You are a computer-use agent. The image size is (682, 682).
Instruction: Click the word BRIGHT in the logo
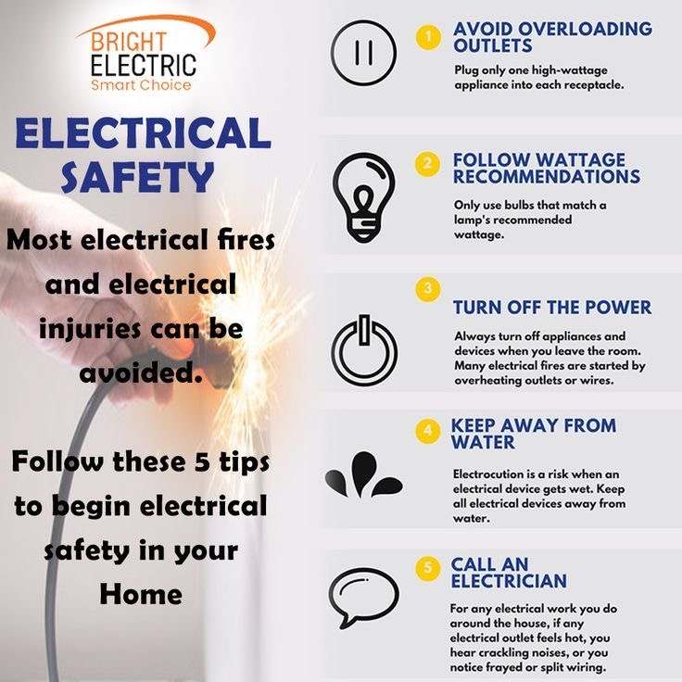click(129, 43)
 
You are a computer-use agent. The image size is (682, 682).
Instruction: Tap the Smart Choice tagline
click(141, 84)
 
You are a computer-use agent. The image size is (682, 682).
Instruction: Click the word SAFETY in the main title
click(137, 177)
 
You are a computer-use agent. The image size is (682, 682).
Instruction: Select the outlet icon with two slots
click(363, 52)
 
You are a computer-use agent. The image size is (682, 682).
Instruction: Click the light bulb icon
click(363, 197)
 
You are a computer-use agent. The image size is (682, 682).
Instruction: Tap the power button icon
click(364, 349)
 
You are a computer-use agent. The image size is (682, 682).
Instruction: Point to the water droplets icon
click(363, 474)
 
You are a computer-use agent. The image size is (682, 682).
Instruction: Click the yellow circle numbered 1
click(428, 36)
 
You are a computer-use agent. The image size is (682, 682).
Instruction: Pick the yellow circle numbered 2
click(427, 164)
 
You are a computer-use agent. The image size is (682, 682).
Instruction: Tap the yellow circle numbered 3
click(428, 289)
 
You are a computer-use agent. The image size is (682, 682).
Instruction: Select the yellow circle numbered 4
click(428, 431)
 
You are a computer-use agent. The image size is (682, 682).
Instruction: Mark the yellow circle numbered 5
click(428, 568)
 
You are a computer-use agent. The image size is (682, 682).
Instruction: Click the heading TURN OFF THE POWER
click(552, 307)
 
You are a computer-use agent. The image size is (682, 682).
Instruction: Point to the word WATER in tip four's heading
click(483, 442)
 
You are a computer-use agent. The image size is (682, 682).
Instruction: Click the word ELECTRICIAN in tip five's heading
click(509, 581)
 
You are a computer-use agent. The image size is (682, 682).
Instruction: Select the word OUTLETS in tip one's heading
click(493, 45)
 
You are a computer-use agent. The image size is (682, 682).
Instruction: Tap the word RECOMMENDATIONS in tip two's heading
click(547, 177)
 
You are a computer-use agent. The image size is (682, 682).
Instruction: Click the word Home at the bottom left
click(141, 594)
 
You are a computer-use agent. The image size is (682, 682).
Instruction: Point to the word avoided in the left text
click(141, 373)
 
